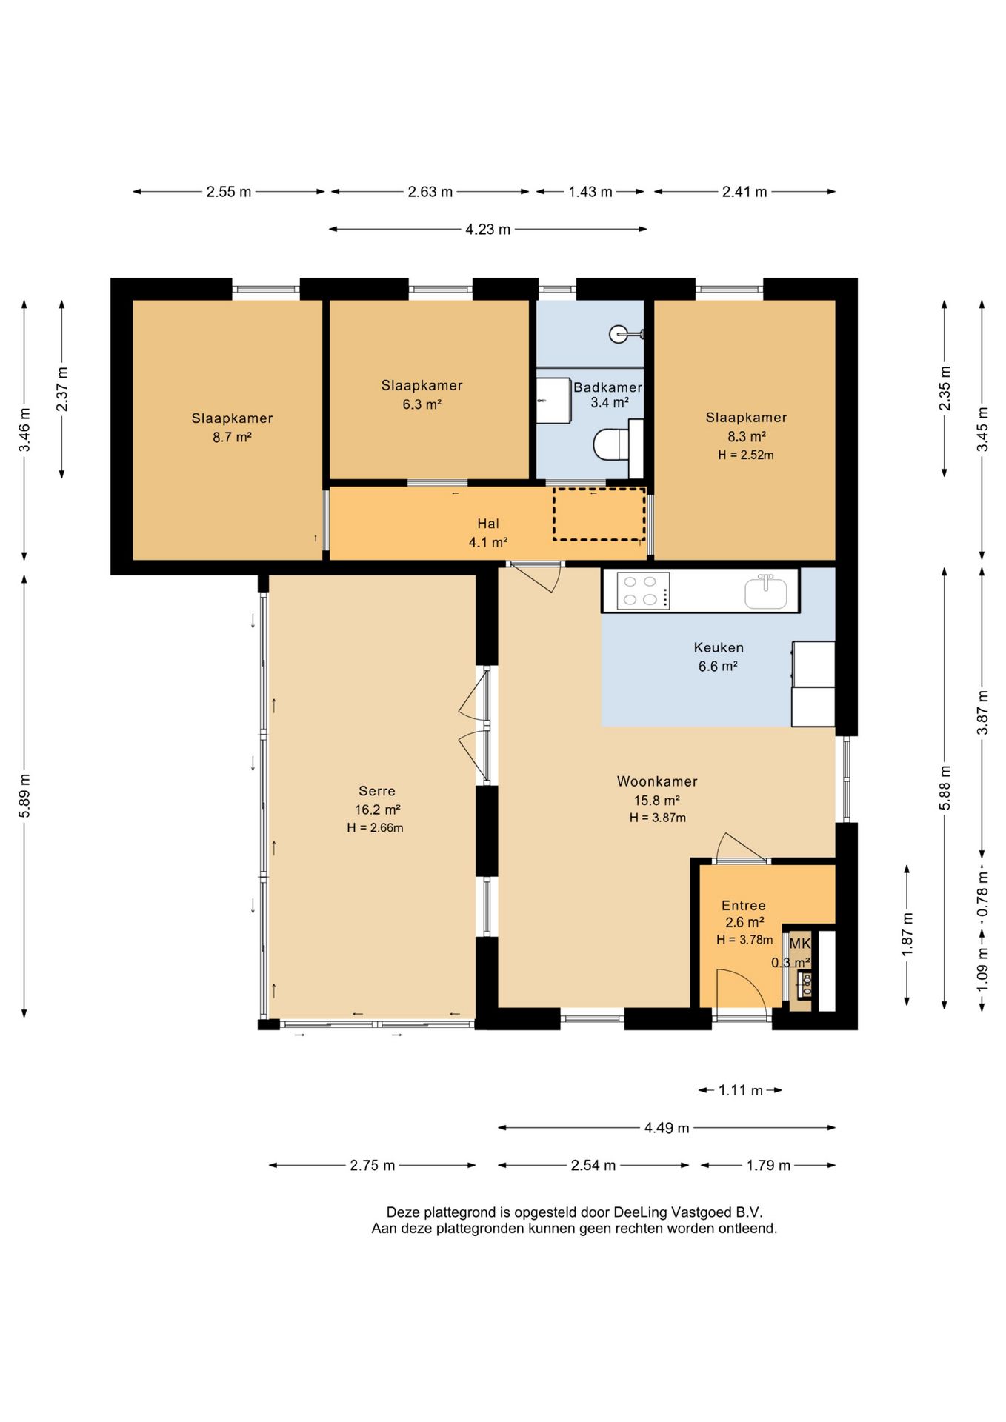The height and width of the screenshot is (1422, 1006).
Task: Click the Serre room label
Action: coord(377,791)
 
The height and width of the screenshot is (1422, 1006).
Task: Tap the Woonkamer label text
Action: coord(657,781)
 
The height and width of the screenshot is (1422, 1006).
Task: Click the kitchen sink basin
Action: coord(766,592)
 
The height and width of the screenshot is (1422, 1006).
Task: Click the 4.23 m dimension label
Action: coord(487,230)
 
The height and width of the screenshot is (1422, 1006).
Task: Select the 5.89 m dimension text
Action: coord(24,796)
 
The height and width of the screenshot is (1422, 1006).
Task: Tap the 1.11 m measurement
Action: coord(741,1090)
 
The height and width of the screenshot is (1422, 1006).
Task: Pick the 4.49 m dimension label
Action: coord(667,1128)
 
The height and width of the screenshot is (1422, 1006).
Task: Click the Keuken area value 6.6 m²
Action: coord(718,667)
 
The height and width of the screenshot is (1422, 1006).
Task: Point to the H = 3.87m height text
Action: coord(658,818)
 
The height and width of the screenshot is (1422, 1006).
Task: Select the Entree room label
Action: coord(744,906)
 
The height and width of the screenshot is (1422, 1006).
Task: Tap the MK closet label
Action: coord(800,944)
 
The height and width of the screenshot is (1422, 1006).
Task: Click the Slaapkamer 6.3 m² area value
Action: coord(422,404)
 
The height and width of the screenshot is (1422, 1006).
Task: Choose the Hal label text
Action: coord(488,524)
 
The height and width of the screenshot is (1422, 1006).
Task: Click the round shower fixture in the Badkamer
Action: coord(619,334)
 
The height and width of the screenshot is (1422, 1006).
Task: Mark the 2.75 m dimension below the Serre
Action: coord(373,1166)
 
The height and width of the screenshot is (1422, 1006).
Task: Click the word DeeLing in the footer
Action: coord(640,1213)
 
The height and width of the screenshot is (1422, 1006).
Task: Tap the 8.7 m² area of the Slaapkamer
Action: coord(233,438)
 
